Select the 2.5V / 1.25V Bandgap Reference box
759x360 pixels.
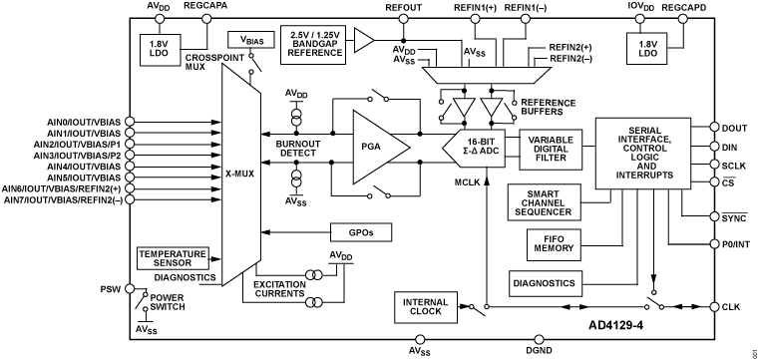(x=316, y=39)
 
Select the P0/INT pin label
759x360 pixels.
(x=736, y=243)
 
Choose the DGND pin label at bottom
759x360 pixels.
(x=539, y=352)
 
